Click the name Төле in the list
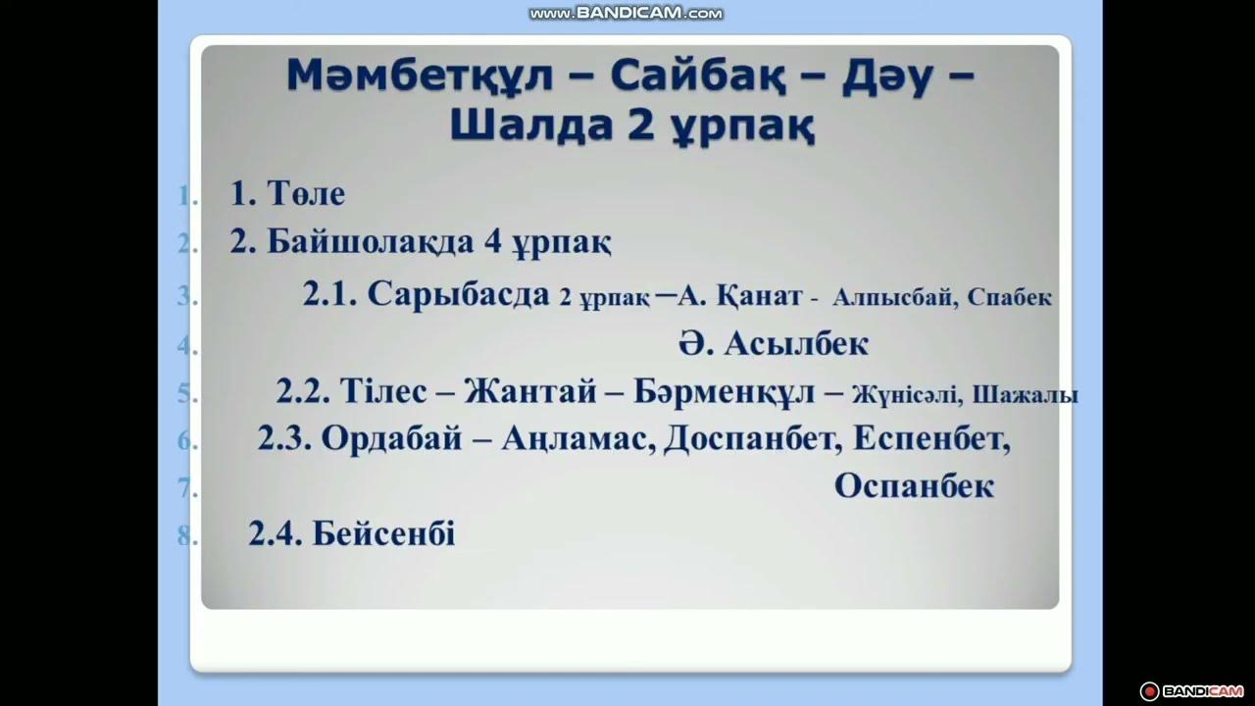[306, 194]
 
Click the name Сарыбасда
[458, 295]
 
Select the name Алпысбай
[894, 298]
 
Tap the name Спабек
[1009, 298]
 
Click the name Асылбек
[796, 344]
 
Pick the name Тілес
[383, 391]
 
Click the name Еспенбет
[929, 438]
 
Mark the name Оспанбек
[914, 486]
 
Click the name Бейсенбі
[383, 534]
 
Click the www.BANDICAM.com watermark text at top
[626, 14]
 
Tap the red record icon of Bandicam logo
[1149, 690]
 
